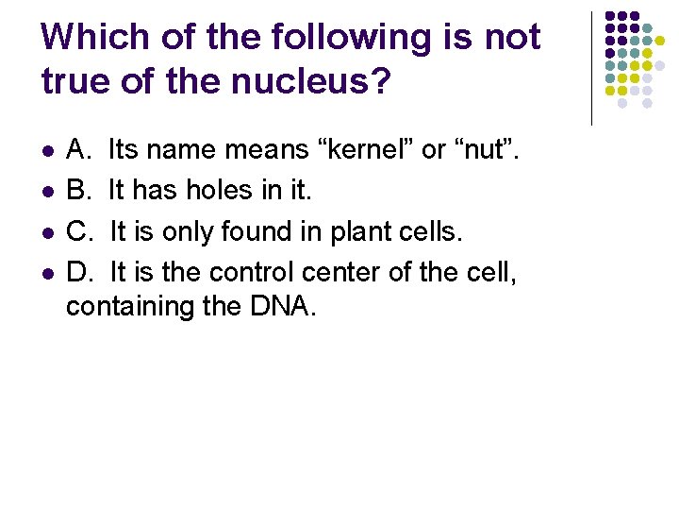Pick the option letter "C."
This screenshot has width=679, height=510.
click(x=80, y=231)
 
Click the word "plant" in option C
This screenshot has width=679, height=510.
click(x=345, y=231)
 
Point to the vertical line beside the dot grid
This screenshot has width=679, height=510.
click(x=591, y=68)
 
